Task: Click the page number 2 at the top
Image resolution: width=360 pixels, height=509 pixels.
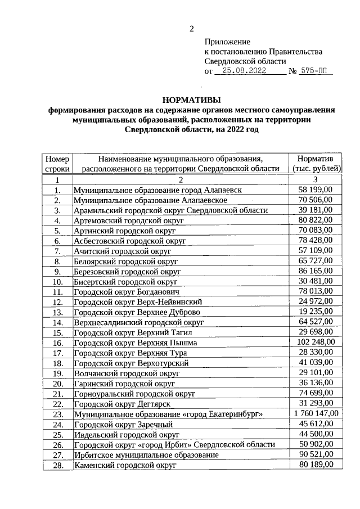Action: point(191,29)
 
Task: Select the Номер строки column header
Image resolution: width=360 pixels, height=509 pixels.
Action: point(57,163)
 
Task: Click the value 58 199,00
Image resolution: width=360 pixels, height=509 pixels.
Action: point(315,190)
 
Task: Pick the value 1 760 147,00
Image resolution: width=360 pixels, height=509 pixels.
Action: point(312,414)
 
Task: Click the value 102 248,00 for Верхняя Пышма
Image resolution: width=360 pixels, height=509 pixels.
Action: point(313,343)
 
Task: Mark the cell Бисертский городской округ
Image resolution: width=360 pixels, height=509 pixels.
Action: point(125,282)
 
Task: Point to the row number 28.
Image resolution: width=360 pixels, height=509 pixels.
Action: point(57,466)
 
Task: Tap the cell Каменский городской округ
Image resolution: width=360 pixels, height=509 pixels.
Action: point(125,466)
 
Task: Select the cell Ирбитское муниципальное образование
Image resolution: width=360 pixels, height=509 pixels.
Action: point(146,455)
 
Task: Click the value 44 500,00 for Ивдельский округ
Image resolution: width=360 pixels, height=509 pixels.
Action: point(315,435)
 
